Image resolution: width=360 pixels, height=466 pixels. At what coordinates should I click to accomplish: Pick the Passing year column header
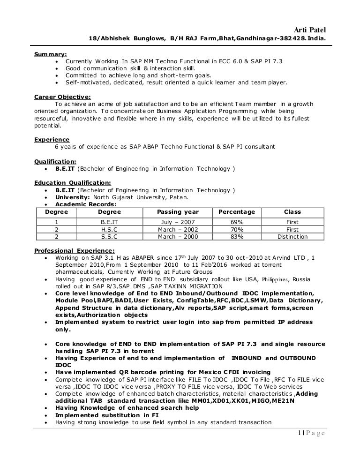(178, 212)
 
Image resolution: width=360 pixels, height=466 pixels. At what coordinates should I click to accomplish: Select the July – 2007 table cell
(178, 222)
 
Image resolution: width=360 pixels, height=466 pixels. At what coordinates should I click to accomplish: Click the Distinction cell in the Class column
(292, 237)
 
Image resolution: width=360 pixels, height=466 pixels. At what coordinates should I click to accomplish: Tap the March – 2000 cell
(178, 237)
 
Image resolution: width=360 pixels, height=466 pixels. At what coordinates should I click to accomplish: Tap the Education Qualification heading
(73, 182)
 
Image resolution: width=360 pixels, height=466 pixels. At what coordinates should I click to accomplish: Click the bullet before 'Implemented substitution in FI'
(45, 415)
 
